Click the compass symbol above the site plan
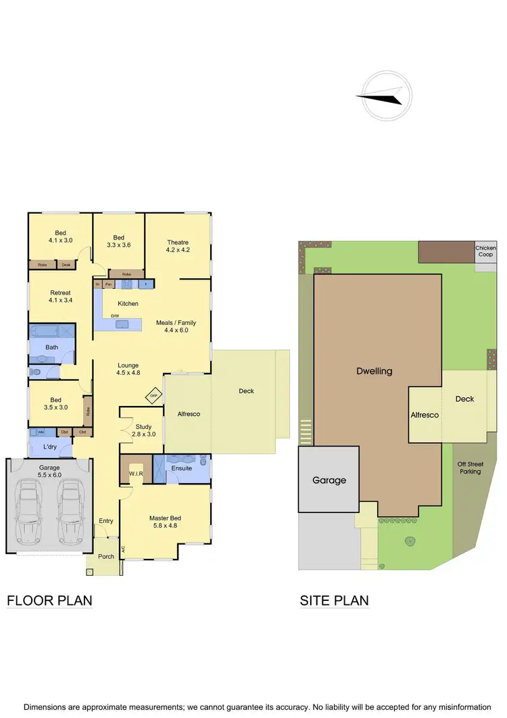point(385,97)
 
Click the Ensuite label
point(182,468)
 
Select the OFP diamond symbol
point(154,395)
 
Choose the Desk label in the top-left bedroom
point(66,265)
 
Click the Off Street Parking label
point(469,468)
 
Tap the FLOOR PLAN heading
point(49,600)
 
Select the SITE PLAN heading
point(334,600)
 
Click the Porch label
point(106,556)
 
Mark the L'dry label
point(50,447)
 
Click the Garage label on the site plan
point(329,480)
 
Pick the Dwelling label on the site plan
point(375,371)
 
